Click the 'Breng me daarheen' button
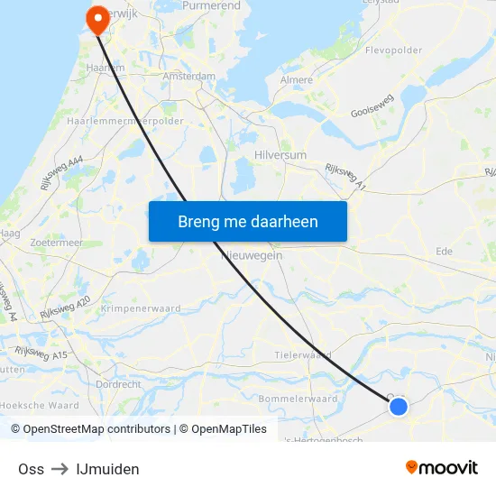pos(248,221)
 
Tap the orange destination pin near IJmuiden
pos(95,19)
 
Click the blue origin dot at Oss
pos(399,407)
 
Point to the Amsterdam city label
pos(189,77)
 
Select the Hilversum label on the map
pos(280,155)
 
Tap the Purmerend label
pos(212,5)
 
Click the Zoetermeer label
pos(56,243)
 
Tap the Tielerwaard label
pos(304,355)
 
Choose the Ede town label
pos(445,252)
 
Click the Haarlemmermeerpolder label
pos(125,121)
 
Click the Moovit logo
pos(442,467)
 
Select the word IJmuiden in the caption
pos(107,469)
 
